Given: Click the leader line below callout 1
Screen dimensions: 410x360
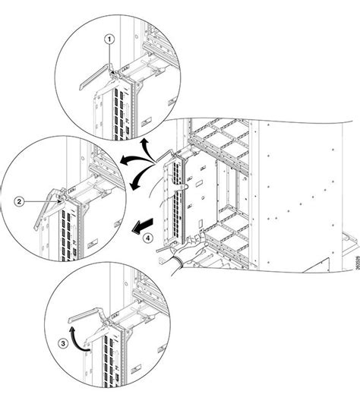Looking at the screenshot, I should click(x=111, y=56).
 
